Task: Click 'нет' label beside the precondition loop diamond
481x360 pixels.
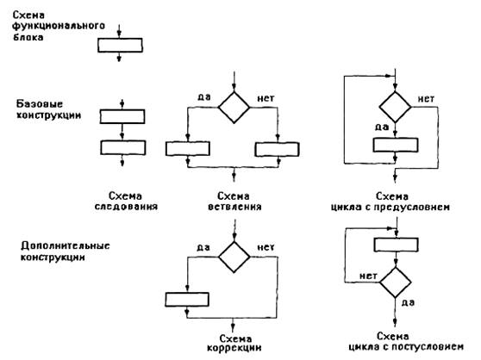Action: coord(426,99)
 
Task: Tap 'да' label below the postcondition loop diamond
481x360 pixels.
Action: coord(408,302)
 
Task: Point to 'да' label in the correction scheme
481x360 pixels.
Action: coord(203,247)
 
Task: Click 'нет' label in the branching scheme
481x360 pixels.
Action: coord(265,98)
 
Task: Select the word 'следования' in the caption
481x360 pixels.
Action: coord(126,206)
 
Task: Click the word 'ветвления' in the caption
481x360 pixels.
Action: coord(234,207)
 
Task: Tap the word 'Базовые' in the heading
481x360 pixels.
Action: coord(40,104)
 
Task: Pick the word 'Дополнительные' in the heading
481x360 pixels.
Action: coord(65,246)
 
